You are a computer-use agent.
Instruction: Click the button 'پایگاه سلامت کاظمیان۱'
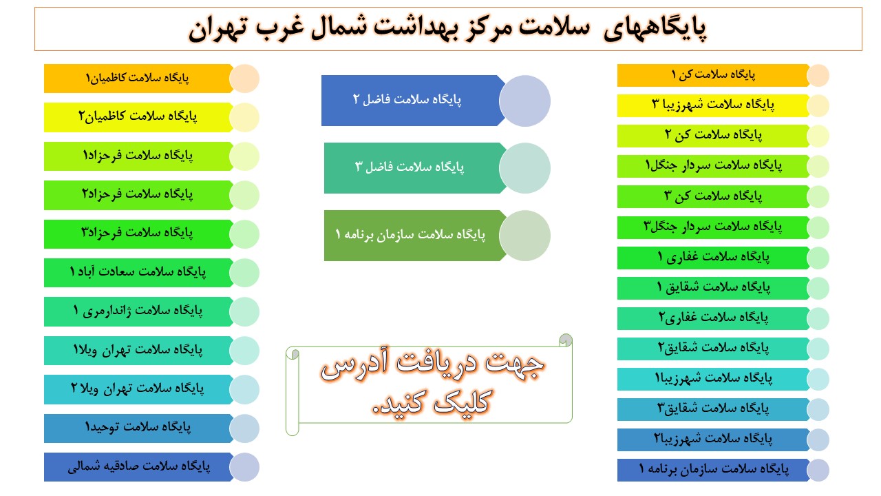(138, 79)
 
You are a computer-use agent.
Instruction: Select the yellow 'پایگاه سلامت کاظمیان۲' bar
(138, 117)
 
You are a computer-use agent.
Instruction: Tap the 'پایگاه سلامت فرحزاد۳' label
(138, 234)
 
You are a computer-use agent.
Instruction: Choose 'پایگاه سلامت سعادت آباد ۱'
(138, 273)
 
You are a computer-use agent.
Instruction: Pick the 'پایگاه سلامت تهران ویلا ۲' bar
(138, 389)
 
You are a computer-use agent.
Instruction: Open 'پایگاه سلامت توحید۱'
(138, 428)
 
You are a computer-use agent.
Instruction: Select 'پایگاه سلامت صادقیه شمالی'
(138, 467)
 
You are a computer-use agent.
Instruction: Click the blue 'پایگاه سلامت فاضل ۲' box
(413, 101)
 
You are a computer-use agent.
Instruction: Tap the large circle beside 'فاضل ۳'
(524, 168)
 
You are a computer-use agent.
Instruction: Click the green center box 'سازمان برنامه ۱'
(413, 236)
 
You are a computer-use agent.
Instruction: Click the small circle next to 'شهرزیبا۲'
(818, 440)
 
